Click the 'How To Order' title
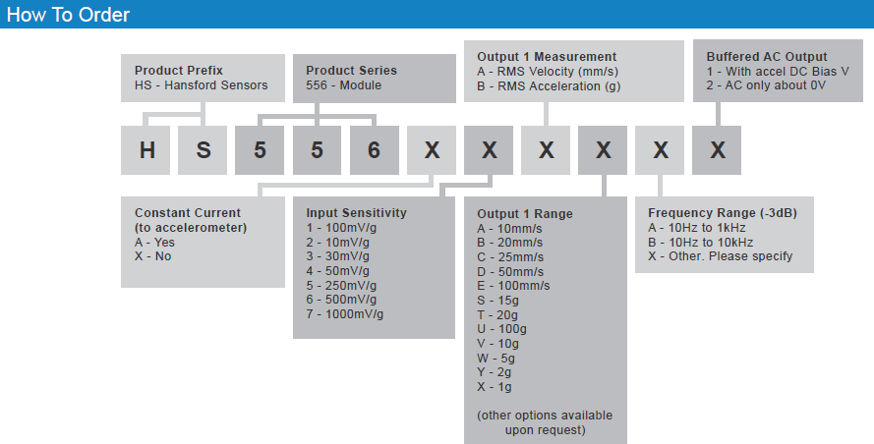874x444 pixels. tap(68, 15)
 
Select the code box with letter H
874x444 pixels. tap(146, 150)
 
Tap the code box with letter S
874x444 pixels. tap(203, 150)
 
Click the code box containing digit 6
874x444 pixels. tap(374, 150)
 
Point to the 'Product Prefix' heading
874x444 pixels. tap(178, 71)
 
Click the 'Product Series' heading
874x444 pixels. tap(351, 71)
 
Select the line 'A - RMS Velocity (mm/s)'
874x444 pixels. tap(548, 72)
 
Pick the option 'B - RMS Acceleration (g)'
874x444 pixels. tap(549, 86)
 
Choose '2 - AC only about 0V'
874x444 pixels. tap(766, 85)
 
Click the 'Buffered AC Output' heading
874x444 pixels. tap(767, 57)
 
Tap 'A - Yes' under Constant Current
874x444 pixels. tap(154, 243)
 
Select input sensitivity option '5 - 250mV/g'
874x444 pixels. tap(341, 286)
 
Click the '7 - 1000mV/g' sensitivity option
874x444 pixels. tap(344, 314)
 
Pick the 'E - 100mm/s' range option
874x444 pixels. tap(513, 286)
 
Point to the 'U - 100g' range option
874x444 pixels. tap(501, 329)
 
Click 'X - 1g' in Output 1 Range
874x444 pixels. tap(494, 387)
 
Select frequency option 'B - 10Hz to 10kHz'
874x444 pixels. tap(701, 243)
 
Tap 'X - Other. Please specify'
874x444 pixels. tap(721, 256)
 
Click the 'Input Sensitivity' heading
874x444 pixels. tap(356, 213)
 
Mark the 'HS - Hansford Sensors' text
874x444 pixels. tap(201, 85)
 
